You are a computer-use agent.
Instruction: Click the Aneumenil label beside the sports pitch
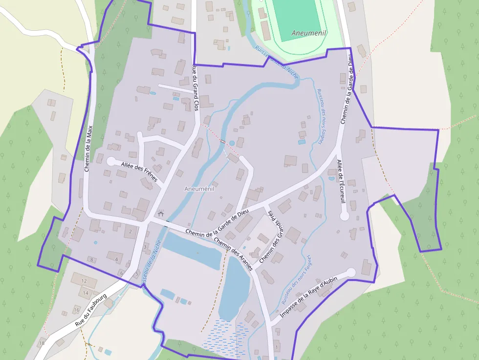click(x=308, y=33)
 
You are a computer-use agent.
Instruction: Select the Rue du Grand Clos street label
click(x=196, y=88)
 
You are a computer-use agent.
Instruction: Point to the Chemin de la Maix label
click(x=88, y=148)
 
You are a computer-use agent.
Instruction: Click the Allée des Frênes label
click(x=139, y=172)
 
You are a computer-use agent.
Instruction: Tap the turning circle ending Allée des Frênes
click(x=111, y=161)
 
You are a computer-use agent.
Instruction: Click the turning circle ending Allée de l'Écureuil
click(x=344, y=216)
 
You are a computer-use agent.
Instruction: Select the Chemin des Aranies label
click(x=233, y=254)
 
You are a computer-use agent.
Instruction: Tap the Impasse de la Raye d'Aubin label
click(x=309, y=297)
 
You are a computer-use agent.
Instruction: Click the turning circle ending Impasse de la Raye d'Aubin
click(x=350, y=273)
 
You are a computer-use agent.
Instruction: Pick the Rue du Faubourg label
click(x=91, y=310)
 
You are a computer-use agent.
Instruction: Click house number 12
click(x=84, y=281)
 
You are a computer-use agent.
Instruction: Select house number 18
click(x=42, y=343)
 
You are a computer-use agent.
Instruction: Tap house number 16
click(x=76, y=310)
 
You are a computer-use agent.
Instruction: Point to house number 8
click(x=91, y=259)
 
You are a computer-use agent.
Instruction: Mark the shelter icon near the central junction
click(x=161, y=213)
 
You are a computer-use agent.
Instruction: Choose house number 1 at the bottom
click(x=277, y=347)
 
